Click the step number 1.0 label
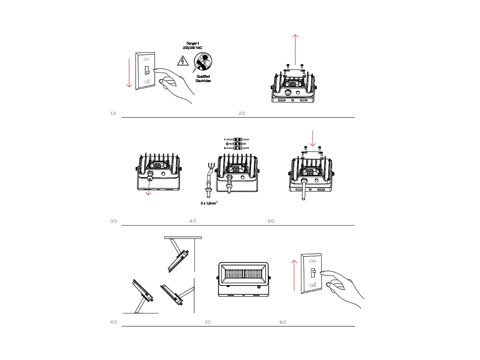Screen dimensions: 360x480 click(x=113, y=114)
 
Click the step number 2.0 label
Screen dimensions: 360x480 click(x=242, y=114)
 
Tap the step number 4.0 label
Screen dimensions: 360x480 click(x=192, y=221)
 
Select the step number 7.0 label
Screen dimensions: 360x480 click(x=207, y=322)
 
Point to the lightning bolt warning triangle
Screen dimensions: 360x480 click(x=182, y=61)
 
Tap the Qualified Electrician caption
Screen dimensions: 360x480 click(x=203, y=79)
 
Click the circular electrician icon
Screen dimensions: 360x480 click(x=203, y=62)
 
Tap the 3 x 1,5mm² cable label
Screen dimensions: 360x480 click(x=210, y=204)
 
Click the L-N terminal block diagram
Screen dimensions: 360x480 click(x=236, y=144)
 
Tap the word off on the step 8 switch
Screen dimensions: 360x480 click(x=313, y=285)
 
